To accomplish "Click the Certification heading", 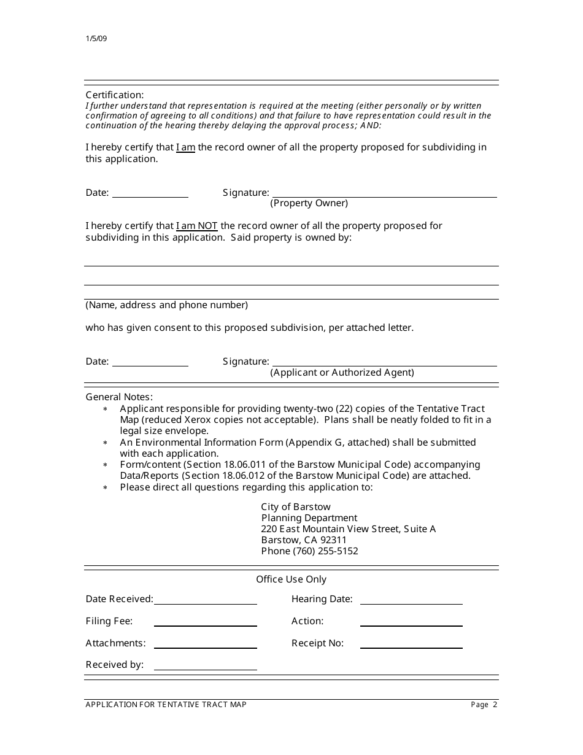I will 114,95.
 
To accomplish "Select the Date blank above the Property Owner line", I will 150,193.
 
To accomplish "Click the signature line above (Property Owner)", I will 384,193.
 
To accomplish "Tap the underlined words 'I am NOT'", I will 196,226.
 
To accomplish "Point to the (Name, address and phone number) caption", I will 166,305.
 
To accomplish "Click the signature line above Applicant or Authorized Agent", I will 384,362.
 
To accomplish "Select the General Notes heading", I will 119,397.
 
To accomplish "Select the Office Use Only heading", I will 291,579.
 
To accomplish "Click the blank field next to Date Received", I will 205,600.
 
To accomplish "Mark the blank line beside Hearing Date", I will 411,600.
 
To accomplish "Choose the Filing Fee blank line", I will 205,622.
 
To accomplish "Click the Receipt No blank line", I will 411,644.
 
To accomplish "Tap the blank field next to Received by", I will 205,665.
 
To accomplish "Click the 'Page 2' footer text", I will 484,705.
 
